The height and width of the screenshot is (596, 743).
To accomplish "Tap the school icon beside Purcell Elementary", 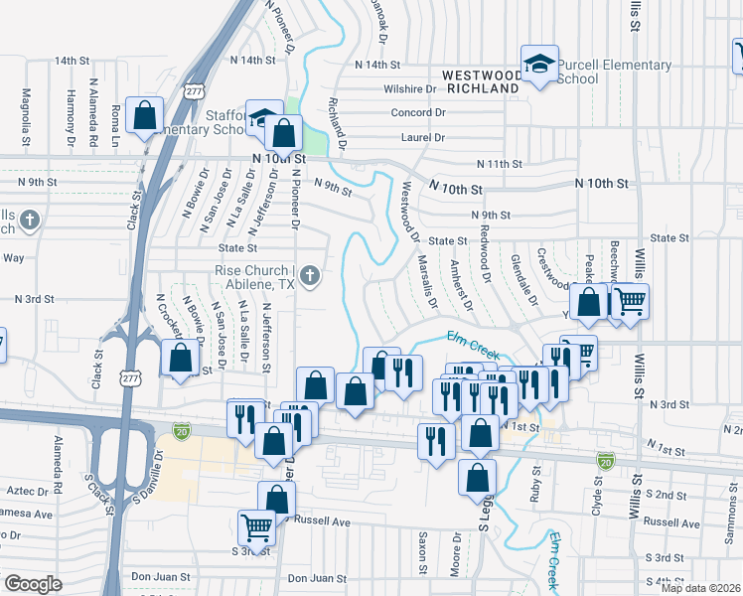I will (x=539, y=66).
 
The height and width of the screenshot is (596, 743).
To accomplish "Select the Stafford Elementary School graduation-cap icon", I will (x=262, y=120).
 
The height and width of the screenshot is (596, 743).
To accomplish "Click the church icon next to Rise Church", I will (x=310, y=275).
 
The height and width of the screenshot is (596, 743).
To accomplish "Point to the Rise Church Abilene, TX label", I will (x=255, y=276).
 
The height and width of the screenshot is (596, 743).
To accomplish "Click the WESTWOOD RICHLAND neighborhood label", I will (x=482, y=80).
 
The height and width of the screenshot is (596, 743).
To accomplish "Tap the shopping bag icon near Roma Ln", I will (x=145, y=116).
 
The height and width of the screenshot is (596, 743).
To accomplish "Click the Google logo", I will (x=33, y=584).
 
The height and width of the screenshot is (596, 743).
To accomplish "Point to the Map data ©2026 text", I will (x=699, y=587).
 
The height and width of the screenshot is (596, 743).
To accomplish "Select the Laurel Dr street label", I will (x=424, y=138).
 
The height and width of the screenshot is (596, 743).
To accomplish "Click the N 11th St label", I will (x=499, y=164).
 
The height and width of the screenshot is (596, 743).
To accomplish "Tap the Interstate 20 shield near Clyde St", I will (x=605, y=461).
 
